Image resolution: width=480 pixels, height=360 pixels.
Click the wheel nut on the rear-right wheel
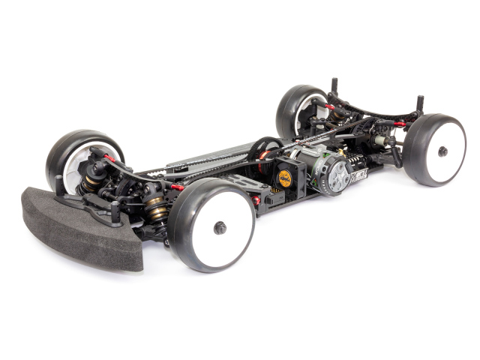coord(442,151)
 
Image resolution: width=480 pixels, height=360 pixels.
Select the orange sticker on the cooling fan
coord(285,178)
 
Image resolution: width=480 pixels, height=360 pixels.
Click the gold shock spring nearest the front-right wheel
coord(158,209)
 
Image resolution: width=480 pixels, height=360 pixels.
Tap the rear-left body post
coord(334,84)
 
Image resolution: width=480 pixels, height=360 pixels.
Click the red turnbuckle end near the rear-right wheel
coord(400,124)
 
